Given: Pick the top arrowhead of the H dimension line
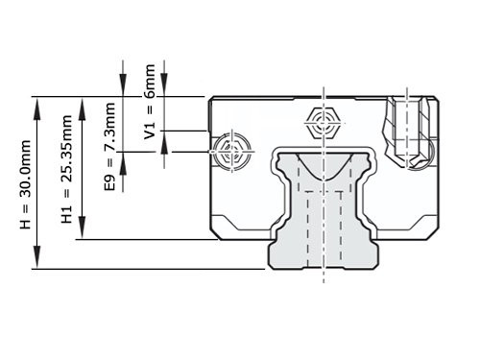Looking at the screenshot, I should pyautogui.click(x=37, y=104).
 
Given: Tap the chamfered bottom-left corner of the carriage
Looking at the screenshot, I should pyautogui.click(x=217, y=233).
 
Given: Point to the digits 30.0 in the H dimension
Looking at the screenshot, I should pyautogui.click(x=27, y=170).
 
